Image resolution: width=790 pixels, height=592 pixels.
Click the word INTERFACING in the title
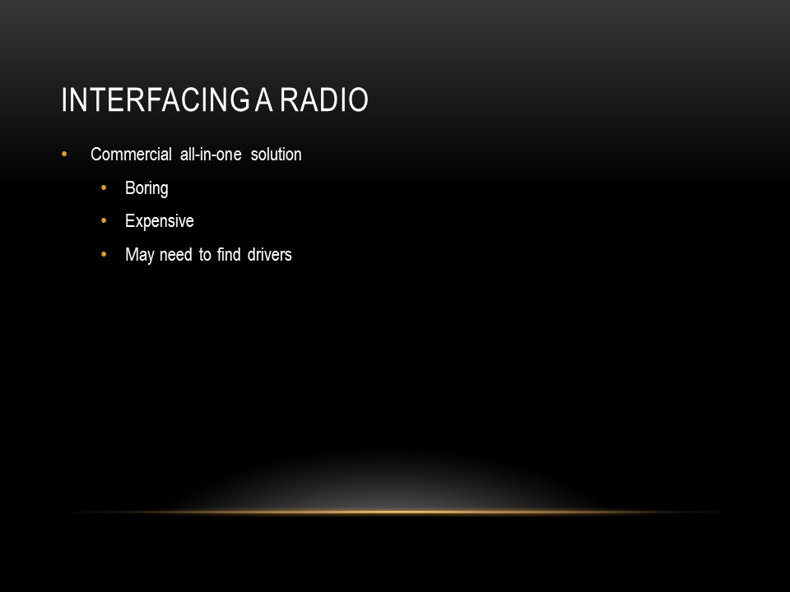(x=156, y=99)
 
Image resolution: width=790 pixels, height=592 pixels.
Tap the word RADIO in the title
(x=324, y=99)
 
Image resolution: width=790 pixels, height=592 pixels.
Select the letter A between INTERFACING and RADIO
(x=264, y=99)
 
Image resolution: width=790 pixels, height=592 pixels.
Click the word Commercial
(x=131, y=154)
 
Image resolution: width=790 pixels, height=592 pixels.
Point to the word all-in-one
(x=211, y=154)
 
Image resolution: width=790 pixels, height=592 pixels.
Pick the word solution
(x=276, y=154)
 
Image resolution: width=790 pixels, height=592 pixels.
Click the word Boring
(x=146, y=188)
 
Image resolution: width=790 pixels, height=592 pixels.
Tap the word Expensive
(x=160, y=221)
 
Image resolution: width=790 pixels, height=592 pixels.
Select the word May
(x=140, y=255)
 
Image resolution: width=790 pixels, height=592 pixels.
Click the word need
(x=176, y=255)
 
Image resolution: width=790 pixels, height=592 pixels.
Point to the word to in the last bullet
(x=205, y=255)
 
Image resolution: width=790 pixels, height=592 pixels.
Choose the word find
(x=229, y=255)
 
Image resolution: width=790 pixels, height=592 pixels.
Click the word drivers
(x=270, y=255)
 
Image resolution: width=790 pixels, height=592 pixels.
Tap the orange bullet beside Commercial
(x=64, y=154)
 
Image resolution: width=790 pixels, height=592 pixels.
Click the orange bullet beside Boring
(x=104, y=187)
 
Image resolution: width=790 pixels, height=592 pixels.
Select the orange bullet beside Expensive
(x=104, y=220)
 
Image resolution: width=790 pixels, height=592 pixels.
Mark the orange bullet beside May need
(x=104, y=254)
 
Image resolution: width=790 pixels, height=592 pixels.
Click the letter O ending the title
(x=358, y=99)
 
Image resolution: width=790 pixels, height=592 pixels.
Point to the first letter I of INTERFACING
(x=64, y=99)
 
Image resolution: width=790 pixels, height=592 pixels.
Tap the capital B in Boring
(x=130, y=187)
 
